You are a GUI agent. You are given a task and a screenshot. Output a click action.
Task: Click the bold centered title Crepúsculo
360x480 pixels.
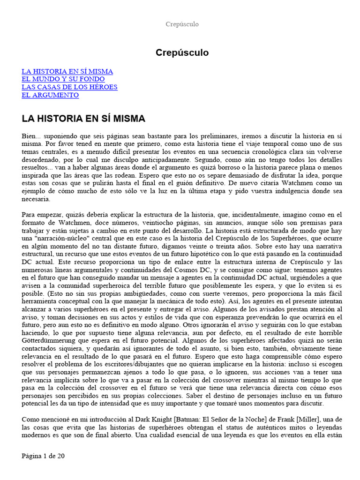coord(182,53)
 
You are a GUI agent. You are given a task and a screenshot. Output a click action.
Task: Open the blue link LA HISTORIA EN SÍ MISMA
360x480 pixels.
coord(67,71)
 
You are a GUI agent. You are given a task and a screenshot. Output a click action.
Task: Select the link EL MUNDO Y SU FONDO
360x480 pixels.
coord(63,79)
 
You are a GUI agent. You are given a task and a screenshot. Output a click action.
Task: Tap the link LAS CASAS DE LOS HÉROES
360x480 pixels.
coord(69,87)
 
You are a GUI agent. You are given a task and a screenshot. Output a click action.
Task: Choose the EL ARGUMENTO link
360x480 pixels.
coord(50,95)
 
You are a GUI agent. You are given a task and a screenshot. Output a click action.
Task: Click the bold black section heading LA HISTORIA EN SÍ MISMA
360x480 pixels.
coord(83,119)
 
